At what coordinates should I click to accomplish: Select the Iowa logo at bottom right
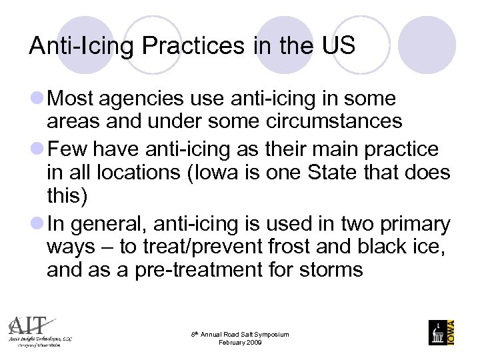(441, 332)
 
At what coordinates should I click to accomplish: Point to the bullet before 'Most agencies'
(39, 99)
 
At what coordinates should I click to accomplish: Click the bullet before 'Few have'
(39, 149)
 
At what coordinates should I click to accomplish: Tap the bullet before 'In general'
(39, 223)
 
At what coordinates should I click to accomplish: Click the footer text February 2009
(240, 343)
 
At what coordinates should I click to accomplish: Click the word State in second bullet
(339, 173)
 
